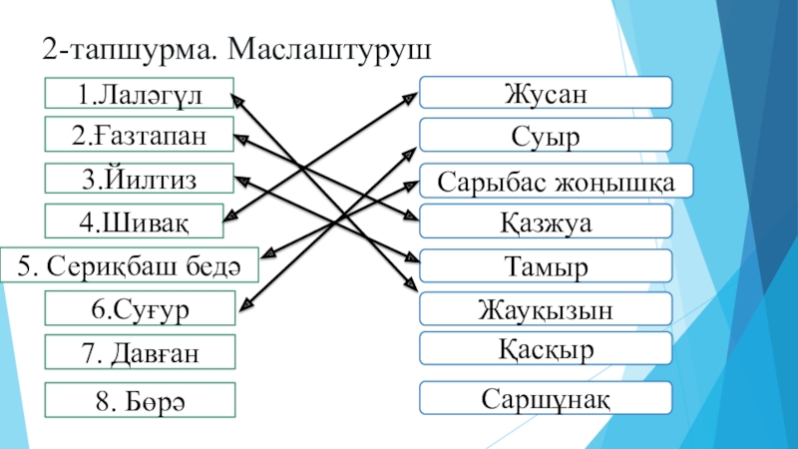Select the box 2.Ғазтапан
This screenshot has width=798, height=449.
[139, 135]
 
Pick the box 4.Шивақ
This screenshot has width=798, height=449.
[139, 220]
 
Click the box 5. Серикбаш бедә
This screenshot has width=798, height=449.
[129, 266]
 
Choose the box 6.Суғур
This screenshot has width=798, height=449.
[139, 309]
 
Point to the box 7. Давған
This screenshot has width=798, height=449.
[139, 351]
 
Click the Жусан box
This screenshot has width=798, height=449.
[545, 93]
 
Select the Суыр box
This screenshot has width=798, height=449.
[545, 135]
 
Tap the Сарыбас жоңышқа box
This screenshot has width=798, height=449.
[556, 181]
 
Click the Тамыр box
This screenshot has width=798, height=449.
[545, 266]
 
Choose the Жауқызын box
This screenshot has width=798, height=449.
[545, 309]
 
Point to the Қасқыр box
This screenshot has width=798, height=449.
[545, 349]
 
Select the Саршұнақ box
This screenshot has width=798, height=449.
[545, 397]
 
